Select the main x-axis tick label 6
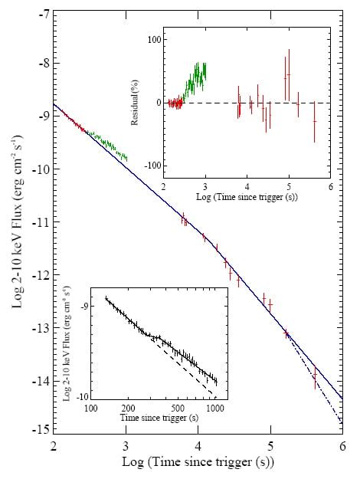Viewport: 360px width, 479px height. (x=342, y=446)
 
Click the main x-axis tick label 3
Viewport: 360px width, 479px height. (x=126, y=446)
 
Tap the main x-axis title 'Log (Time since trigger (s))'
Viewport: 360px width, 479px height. (x=198, y=462)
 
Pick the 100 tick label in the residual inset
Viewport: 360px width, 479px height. (x=155, y=40)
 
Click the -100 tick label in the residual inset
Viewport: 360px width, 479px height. (x=154, y=166)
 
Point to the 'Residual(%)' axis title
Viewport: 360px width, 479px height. (x=135, y=103)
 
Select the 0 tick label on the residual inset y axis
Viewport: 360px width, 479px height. (x=159, y=103)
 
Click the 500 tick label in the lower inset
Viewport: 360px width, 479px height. (x=178, y=408)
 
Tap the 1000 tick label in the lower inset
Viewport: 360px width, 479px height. (x=215, y=408)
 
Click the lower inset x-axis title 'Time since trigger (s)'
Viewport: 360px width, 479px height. (x=159, y=418)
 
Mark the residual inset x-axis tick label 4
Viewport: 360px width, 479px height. (x=247, y=186)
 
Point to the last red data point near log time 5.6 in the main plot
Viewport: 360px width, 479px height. (x=315, y=375)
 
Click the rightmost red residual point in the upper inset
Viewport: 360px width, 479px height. (x=315, y=122)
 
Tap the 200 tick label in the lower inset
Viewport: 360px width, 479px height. (x=128, y=408)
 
